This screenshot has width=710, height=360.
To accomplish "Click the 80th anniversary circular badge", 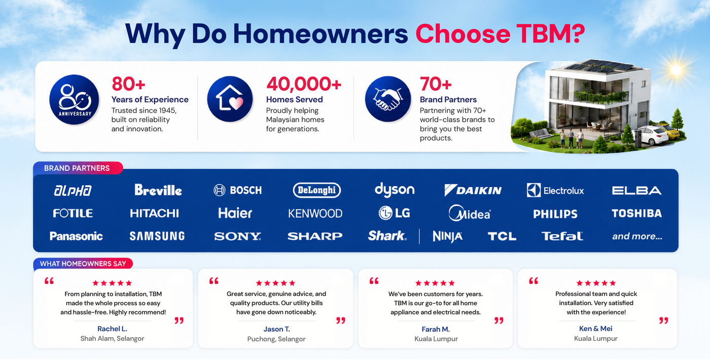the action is click(x=74, y=99).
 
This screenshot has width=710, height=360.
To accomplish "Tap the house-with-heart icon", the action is click(x=230, y=99).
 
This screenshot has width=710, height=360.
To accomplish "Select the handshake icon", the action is click(x=387, y=99).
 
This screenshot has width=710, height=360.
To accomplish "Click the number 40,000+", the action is click(x=304, y=84).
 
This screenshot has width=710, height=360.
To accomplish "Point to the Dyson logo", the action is click(x=395, y=190).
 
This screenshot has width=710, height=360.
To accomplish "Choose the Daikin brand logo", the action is click(x=473, y=190).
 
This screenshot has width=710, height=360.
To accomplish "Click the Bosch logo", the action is click(x=238, y=190).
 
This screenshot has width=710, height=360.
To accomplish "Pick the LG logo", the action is click(x=395, y=213).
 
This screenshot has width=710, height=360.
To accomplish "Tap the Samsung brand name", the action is click(x=157, y=236).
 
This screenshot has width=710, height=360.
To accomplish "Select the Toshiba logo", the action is click(x=637, y=213).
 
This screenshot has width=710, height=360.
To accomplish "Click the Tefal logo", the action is click(x=562, y=236).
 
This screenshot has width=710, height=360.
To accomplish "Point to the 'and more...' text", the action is click(x=637, y=236).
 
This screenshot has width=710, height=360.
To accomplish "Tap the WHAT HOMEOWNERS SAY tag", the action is click(x=83, y=264).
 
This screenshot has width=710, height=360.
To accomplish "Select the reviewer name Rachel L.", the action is click(x=112, y=329).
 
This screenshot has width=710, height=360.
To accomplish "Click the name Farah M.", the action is click(x=436, y=329).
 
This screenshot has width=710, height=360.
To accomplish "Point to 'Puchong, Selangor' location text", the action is click(x=276, y=339).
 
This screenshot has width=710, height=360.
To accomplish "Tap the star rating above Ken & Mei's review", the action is click(x=596, y=283).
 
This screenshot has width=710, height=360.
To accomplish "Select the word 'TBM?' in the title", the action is click(x=551, y=33).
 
